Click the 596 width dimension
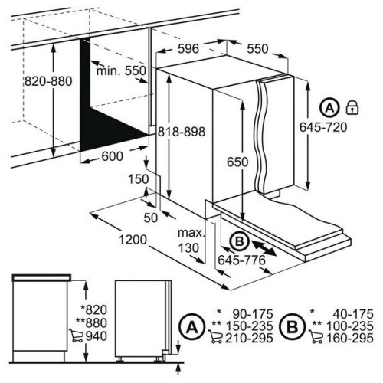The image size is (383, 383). pos(188,48)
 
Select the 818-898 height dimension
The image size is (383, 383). pos(182,132)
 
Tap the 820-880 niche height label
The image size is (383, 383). pos(48,81)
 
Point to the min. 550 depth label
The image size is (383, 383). pos(121,70)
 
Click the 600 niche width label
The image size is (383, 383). pos(113,156)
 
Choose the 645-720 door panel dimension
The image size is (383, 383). pos(323,127)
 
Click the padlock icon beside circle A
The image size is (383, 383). pos(352,107)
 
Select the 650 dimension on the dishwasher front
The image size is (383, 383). pos(237,162)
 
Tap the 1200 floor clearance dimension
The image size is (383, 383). pos(133,240)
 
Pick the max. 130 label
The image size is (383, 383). pos(191,241)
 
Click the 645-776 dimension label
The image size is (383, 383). pos(242,260)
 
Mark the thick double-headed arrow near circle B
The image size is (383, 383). pos(264,248)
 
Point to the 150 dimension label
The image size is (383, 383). pos(138,179)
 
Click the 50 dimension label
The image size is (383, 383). pos(151,218)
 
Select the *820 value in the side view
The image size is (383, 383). pos(93,310)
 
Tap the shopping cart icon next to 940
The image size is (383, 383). pos(76,336)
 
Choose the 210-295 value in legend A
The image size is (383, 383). pos(249,338)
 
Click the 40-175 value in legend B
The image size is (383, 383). pos(353,314)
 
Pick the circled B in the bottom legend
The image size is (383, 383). pos(293,326)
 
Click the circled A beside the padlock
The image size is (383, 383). pos(330,108)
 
